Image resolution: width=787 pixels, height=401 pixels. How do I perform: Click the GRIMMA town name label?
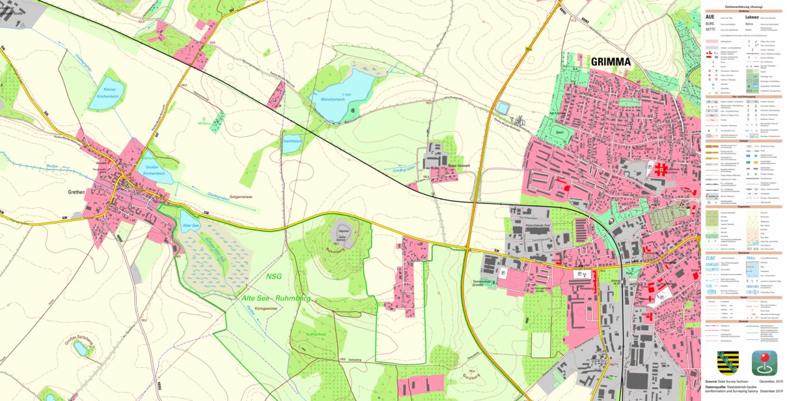(611, 63)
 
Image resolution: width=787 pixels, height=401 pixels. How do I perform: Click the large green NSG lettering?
(275, 276)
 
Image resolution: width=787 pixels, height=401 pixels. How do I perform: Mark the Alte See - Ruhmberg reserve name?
(276, 299)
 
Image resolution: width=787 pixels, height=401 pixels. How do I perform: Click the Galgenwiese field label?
(240, 196)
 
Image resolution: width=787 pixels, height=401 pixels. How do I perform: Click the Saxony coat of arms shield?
(727, 362)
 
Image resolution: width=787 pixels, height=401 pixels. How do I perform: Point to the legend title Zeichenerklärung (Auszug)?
(743, 6)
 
